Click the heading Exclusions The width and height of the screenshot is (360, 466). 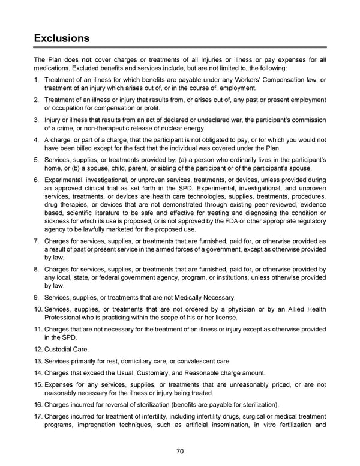pyautogui.click(x=62, y=38)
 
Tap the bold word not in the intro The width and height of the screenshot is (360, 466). pyautogui.click(x=86, y=59)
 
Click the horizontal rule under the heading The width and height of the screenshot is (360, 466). pyautogui.click(x=180, y=47)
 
